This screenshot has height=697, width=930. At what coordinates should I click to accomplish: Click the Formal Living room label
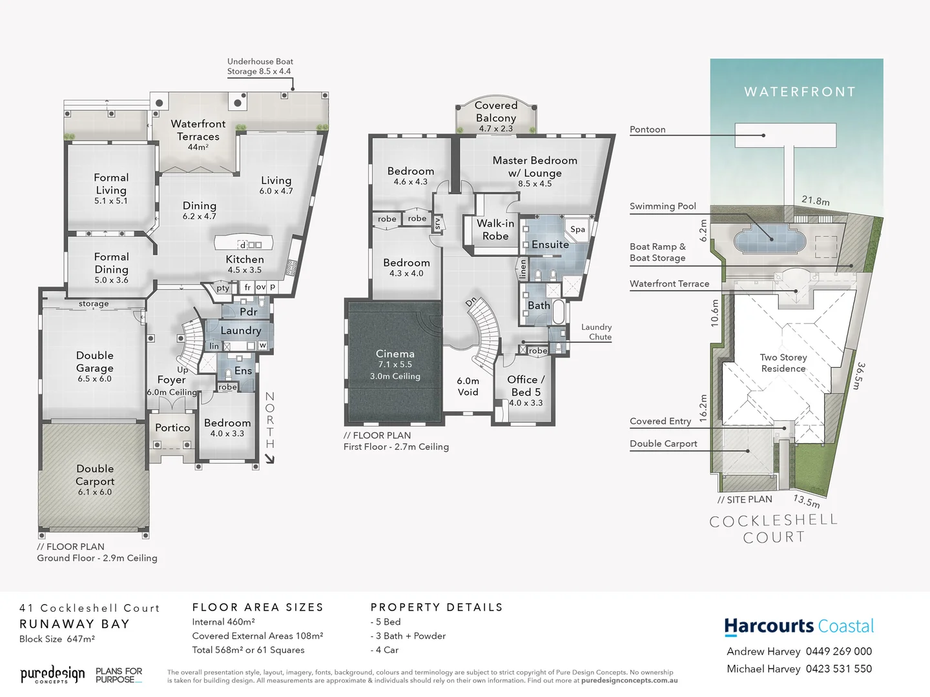[111, 185]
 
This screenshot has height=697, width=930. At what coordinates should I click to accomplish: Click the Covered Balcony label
[496, 112]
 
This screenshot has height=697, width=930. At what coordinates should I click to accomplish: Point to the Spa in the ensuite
[577, 229]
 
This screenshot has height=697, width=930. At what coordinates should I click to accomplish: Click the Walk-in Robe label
[495, 230]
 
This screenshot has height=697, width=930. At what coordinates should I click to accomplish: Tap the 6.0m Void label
[468, 387]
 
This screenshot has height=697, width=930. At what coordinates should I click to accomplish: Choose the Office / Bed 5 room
[526, 387]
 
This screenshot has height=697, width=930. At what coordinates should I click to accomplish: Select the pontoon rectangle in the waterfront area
[785, 136]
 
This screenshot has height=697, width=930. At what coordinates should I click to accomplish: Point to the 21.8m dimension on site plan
[816, 201]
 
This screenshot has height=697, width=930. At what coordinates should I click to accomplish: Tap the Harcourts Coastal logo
[799, 627]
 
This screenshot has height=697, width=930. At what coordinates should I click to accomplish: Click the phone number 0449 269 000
[839, 652]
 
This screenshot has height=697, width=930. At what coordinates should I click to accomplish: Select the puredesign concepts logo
[52, 675]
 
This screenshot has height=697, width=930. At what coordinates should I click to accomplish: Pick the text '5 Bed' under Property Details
[387, 622]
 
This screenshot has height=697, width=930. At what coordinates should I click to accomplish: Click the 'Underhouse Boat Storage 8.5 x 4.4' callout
[260, 66]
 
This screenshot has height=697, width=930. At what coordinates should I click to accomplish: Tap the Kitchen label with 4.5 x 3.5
[244, 264]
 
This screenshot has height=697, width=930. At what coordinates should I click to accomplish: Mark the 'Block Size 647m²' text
[57, 639]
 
